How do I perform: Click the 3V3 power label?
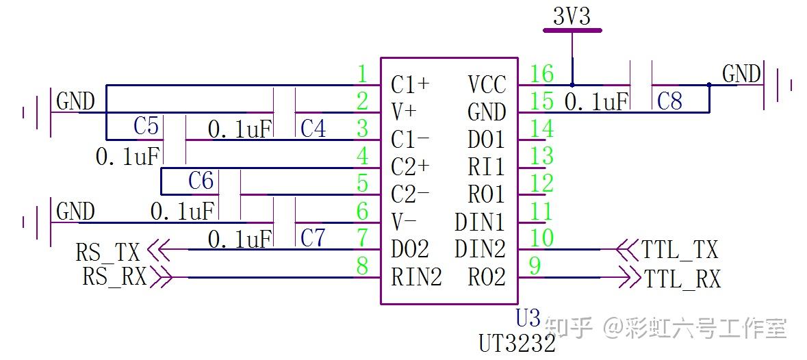pyautogui.click(x=572, y=16)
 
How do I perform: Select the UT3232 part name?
pyautogui.click(x=517, y=343)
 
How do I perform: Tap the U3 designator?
pyautogui.click(x=528, y=318)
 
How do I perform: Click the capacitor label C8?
pyautogui.click(x=669, y=102)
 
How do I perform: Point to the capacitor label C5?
pyautogui.click(x=146, y=127)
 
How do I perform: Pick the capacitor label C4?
pyautogui.click(x=313, y=129)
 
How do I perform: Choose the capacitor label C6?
pyautogui.click(x=201, y=181)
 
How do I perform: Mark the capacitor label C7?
pyautogui.click(x=313, y=238)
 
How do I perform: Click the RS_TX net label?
pyautogui.click(x=107, y=253)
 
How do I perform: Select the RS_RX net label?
pyautogui.click(x=114, y=277)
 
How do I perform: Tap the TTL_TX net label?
pyautogui.click(x=680, y=250)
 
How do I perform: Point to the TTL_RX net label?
pyautogui.click(x=681, y=279)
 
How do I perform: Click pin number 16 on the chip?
pyautogui.click(x=541, y=73)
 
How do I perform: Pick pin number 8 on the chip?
pyautogui.click(x=363, y=266)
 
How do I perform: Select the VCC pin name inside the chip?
pyautogui.click(x=487, y=85)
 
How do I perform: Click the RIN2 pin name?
pyautogui.click(x=415, y=278)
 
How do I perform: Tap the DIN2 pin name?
pyautogui.click(x=479, y=250)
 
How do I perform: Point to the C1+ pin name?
pyautogui.click(x=410, y=85)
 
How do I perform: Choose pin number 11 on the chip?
pyautogui.click(x=541, y=211)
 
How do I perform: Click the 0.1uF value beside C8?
pyautogui.click(x=596, y=103)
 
